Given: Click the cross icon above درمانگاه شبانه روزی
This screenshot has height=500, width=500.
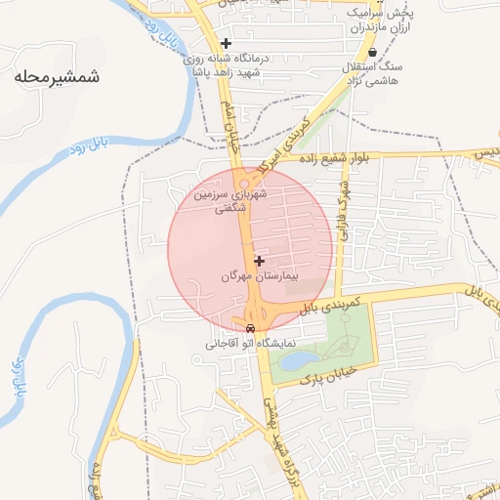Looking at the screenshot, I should pos(226,43).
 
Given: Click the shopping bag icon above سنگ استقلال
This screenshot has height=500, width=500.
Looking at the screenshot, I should pos(372,53).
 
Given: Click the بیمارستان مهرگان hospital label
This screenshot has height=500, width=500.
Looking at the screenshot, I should pos(258,277).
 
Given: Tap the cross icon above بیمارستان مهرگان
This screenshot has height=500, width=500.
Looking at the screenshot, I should pos(259,261).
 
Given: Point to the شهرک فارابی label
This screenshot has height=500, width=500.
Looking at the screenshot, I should pos(343,207).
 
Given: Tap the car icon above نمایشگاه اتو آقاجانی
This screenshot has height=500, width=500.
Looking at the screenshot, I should pos(251,328).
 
